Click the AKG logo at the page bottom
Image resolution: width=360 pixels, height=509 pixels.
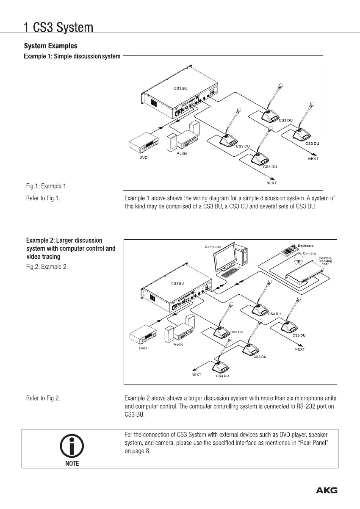pyautogui.click(x=327, y=491)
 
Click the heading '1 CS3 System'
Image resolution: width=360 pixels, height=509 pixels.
pyautogui.click(x=58, y=28)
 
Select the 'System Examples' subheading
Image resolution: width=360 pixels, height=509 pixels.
pyautogui.click(x=50, y=45)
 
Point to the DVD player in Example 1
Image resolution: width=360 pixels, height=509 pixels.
pyautogui.click(x=144, y=145)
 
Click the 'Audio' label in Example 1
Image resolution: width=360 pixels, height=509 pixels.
pyautogui.click(x=182, y=153)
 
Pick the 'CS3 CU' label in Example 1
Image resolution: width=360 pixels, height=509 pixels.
pyautogui.click(x=243, y=146)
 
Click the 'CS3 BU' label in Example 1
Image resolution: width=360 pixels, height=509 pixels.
pyautogui.click(x=181, y=89)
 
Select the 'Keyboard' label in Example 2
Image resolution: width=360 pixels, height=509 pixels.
pyautogui.click(x=305, y=246)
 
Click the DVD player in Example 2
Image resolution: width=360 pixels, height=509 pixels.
pyautogui.click(x=144, y=337)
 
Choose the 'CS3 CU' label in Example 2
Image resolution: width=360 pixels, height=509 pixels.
pyautogui.click(x=236, y=332)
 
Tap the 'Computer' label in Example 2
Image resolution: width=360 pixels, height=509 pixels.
pyautogui.click(x=213, y=246)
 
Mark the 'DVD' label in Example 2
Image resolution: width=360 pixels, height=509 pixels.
pyautogui.click(x=143, y=348)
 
